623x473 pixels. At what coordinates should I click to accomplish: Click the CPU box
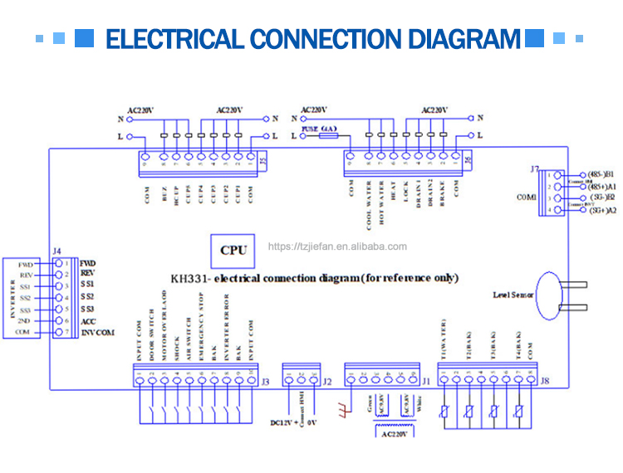coord(233,250)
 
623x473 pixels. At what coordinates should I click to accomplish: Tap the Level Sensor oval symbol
coord(549,295)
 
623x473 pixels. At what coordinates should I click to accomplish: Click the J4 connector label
coord(56,250)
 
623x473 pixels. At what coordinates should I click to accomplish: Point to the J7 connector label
coord(535,168)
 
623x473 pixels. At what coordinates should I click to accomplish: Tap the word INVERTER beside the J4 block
coord(12,298)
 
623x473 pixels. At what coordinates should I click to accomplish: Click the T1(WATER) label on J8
coord(444,340)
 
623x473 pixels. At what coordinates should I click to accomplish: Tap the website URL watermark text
coord(337,246)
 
